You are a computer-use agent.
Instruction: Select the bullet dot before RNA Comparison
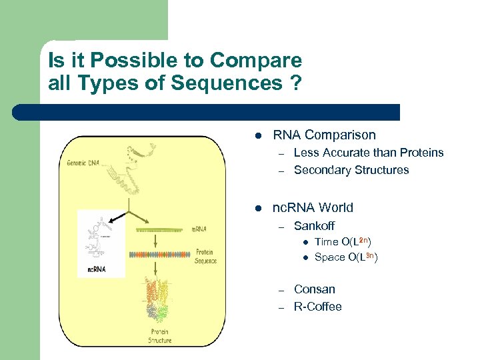(257, 135)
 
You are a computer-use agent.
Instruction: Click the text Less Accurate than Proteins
(368, 153)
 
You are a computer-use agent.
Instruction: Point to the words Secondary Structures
(351, 170)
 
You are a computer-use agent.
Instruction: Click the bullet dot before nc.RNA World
(257, 208)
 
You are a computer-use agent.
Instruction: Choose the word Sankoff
(314, 226)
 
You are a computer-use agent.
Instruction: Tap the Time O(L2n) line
(343, 241)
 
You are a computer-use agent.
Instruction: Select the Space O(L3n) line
(345, 257)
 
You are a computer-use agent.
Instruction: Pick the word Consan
(314, 289)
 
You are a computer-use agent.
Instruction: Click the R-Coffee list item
(317, 307)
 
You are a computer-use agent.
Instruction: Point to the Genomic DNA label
(83, 163)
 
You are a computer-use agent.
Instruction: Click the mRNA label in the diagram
(199, 229)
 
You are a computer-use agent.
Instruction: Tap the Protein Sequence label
(205, 257)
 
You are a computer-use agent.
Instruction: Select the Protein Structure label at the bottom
(159, 337)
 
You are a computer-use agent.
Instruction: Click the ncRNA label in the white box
(97, 270)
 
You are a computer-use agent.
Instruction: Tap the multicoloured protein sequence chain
(159, 255)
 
